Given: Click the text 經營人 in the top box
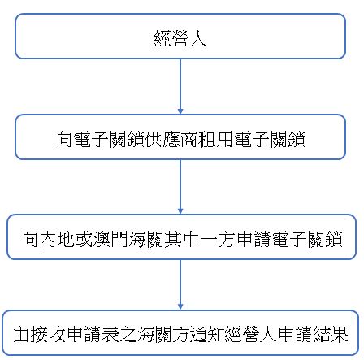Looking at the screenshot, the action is [x=180, y=38].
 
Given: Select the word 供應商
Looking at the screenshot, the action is [x=171, y=140].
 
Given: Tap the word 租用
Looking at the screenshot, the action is [x=216, y=140].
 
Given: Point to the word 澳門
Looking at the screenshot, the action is [x=110, y=240].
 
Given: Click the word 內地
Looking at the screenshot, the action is [x=49, y=240].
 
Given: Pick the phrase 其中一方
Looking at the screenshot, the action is [x=200, y=240].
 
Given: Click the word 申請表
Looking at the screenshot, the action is [x=93, y=334].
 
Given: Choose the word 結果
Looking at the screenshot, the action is [x=331, y=334].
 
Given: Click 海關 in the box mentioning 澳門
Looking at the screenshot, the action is [x=146, y=240].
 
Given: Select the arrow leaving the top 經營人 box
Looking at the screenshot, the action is [x=180, y=86].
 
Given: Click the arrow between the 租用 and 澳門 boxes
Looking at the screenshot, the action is [x=180, y=187].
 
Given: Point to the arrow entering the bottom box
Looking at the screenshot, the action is [x=180, y=284].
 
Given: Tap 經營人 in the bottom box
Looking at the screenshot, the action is [x=251, y=334].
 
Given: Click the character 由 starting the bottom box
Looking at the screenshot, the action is [x=22, y=334].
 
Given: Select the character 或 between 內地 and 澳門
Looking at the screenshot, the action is [x=84, y=240].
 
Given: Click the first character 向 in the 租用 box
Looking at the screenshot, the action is [x=64, y=140].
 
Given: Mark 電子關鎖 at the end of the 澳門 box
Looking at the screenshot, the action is [x=307, y=240].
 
